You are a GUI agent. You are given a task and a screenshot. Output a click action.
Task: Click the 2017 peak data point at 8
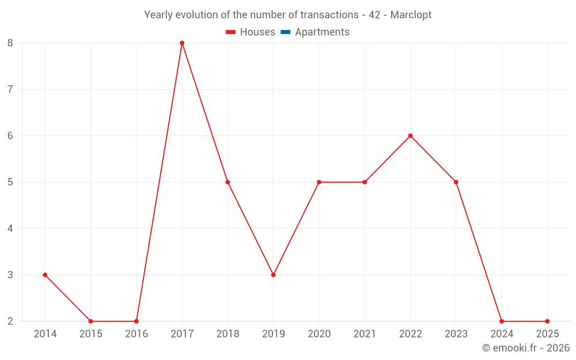(182, 43)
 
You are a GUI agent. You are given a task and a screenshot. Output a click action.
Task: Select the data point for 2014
(45, 275)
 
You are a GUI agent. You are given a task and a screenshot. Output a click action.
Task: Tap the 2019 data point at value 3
(273, 275)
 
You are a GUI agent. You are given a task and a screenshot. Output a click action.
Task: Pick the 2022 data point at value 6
(410, 136)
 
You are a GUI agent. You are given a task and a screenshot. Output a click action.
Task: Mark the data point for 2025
(547, 321)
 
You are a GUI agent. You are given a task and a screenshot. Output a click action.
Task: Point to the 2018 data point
(228, 182)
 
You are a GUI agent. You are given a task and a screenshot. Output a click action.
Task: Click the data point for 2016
(137, 321)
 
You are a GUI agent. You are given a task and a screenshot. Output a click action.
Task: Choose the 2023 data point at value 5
(456, 182)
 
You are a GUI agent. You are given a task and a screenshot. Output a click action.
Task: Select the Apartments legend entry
(322, 32)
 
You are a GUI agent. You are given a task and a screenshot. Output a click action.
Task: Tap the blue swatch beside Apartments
(285, 32)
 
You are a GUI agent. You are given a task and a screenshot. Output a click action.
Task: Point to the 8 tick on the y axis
(10, 43)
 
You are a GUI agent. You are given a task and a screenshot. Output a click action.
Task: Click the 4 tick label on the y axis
(10, 229)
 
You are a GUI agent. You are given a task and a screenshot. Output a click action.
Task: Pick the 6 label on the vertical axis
(10, 136)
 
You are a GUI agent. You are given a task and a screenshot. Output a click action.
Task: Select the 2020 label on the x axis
(319, 334)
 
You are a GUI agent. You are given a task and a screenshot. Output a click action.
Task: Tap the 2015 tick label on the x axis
(91, 334)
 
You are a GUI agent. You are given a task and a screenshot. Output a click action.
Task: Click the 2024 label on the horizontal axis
(502, 334)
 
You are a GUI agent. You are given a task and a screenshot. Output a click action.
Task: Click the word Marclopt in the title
(411, 15)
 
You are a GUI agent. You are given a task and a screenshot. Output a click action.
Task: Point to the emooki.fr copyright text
(525, 348)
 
